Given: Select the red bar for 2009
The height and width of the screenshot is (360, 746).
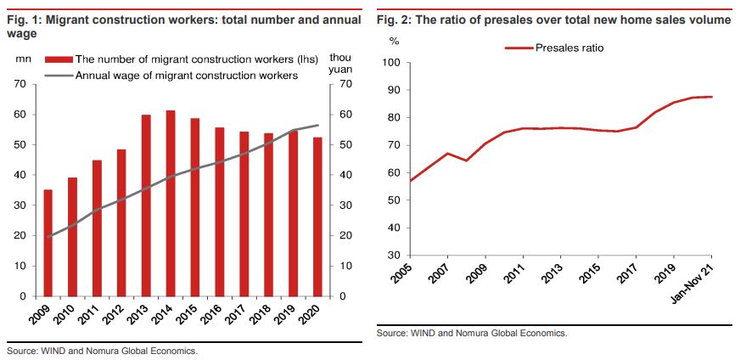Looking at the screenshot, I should point(48,243).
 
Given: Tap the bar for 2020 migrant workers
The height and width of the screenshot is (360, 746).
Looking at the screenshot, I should point(318,217).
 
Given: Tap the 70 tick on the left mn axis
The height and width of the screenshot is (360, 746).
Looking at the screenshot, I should point(20,84).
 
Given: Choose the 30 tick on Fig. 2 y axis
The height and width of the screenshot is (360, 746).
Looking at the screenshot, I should point(393,255).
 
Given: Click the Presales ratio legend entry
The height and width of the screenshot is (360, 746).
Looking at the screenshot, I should point(555,48).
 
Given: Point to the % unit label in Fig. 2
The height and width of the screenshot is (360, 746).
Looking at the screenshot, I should point(393,40).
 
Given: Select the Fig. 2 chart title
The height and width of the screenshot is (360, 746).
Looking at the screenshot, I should point(551,20).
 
